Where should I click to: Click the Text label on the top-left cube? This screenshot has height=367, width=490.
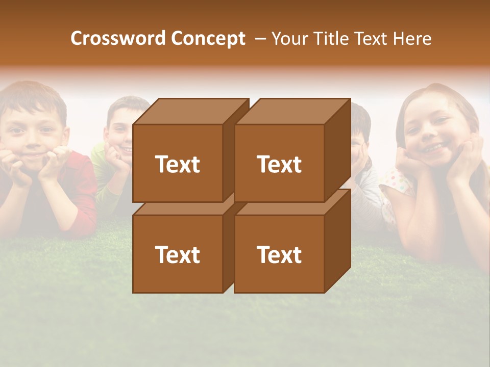178,164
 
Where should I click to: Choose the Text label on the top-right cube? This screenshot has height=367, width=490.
279,164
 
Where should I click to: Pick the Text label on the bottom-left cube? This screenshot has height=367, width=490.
178,254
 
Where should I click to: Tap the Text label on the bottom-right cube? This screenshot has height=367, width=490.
279,254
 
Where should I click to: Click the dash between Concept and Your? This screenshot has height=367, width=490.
260,38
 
